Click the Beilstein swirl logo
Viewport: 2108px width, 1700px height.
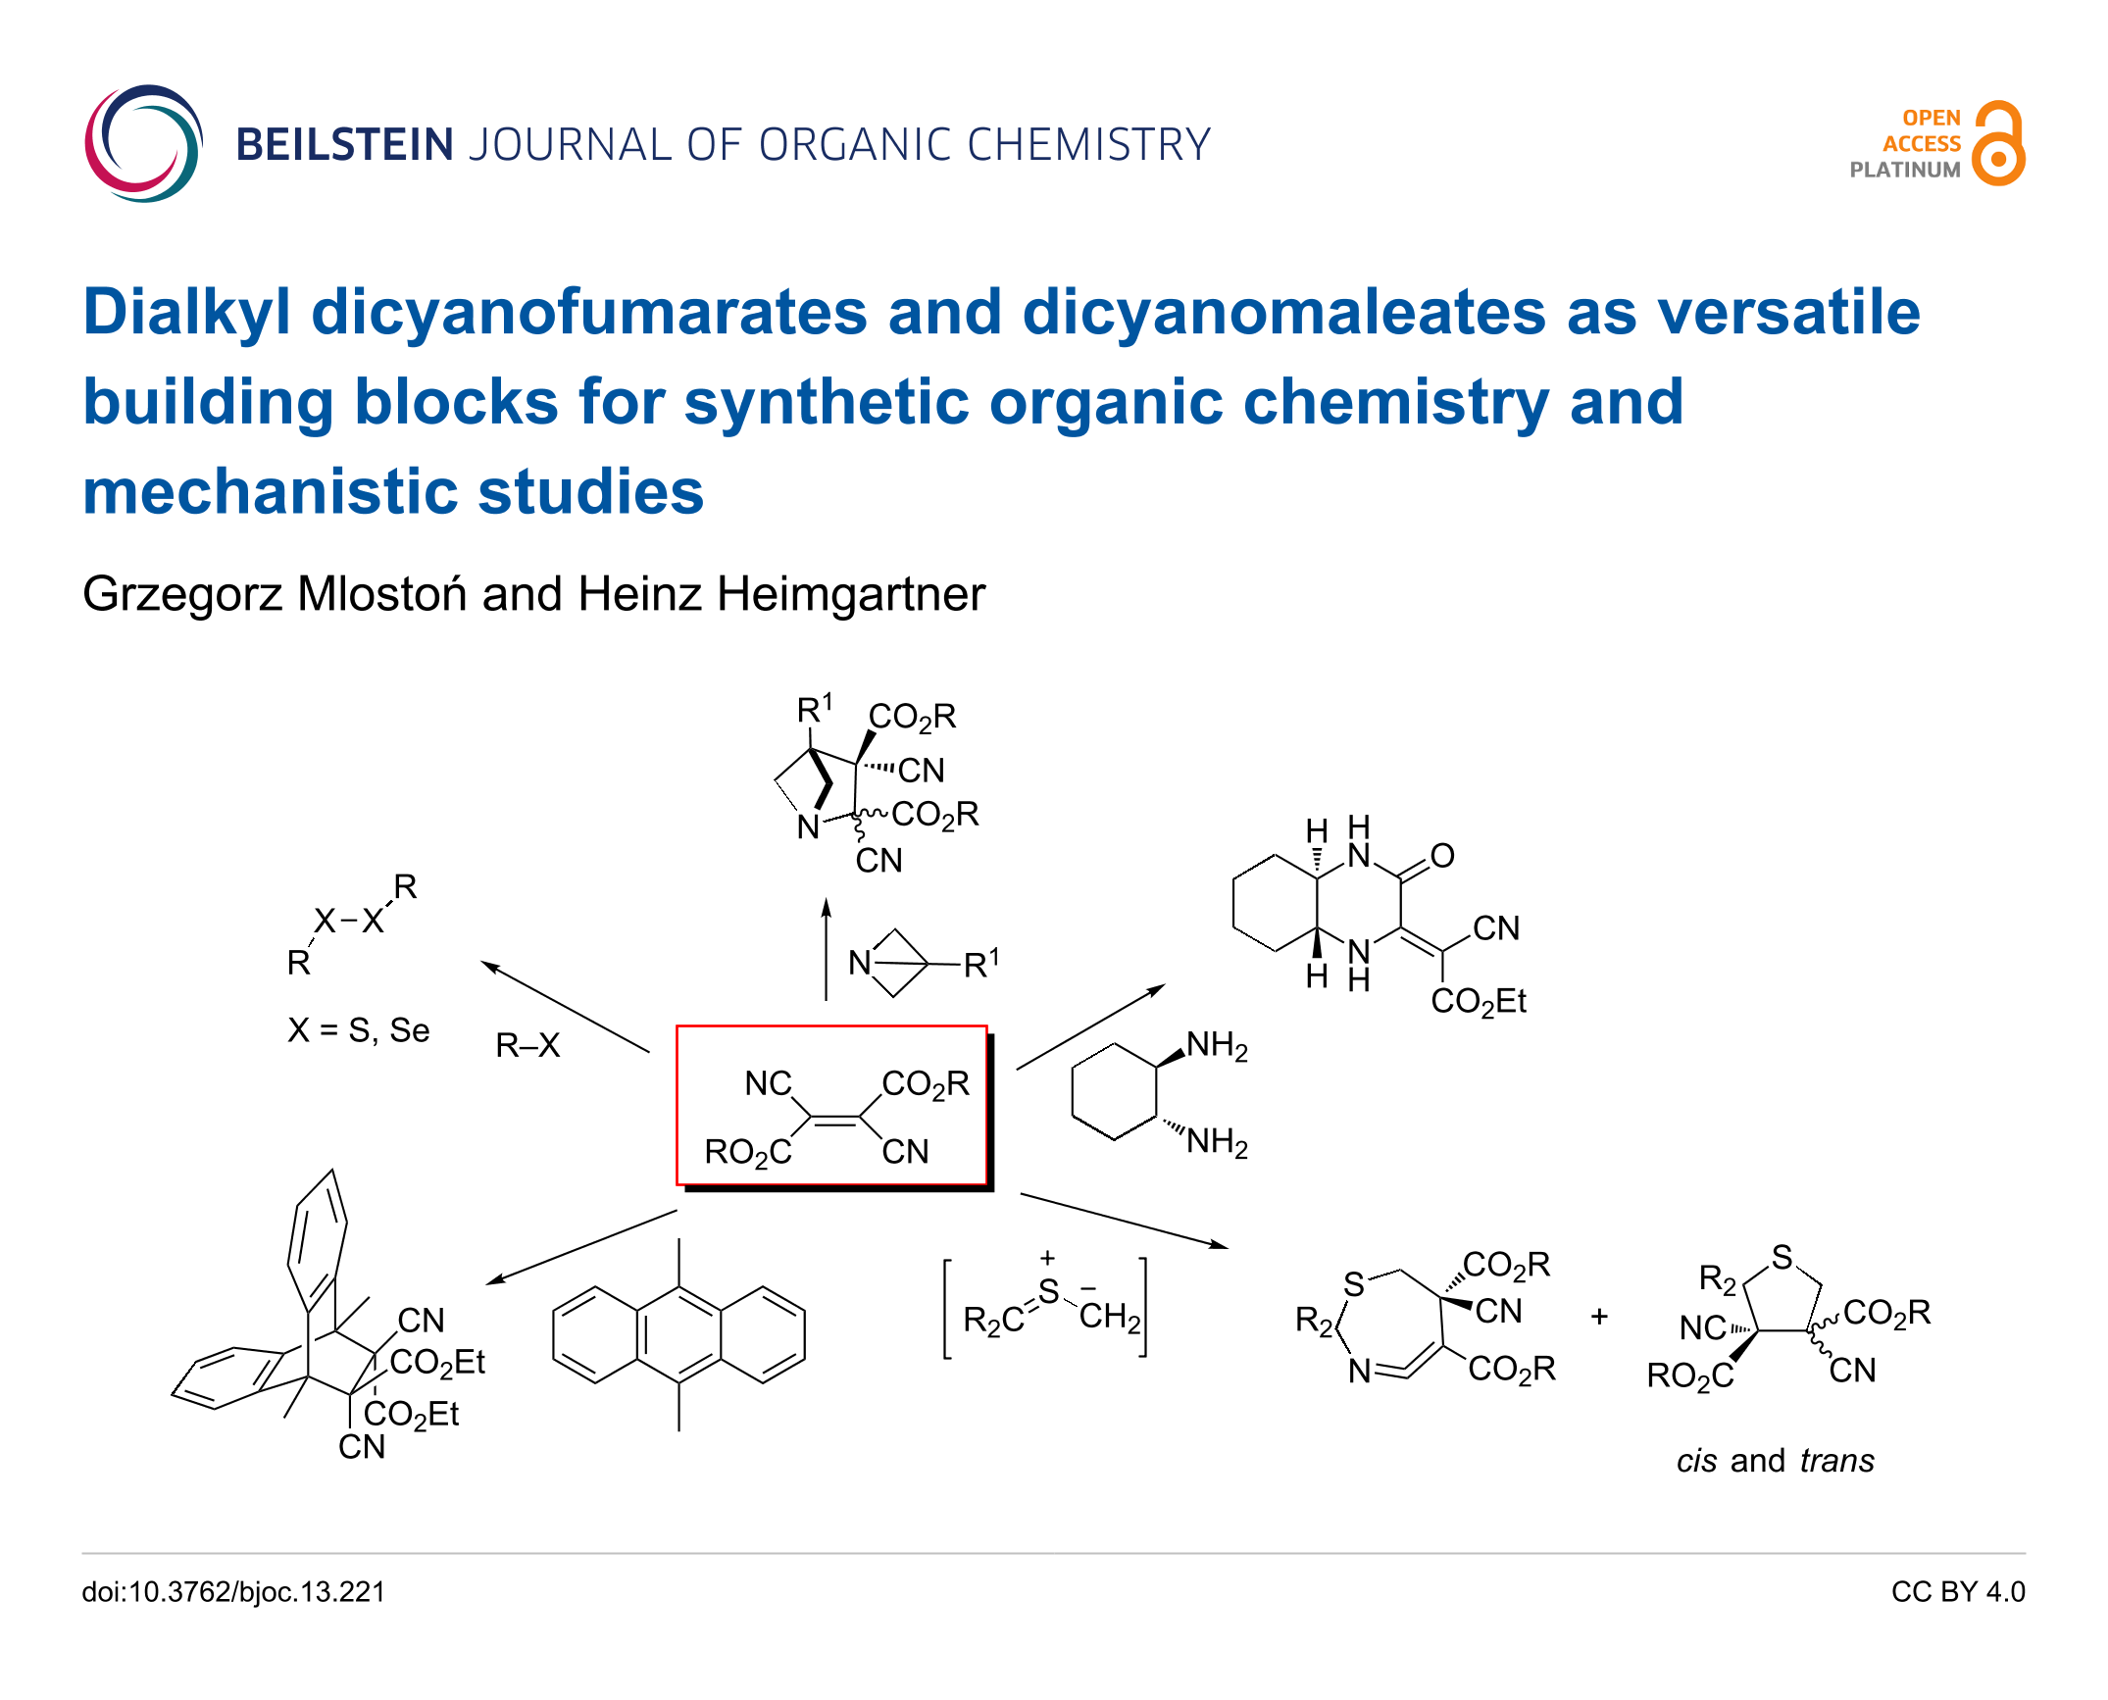[143, 144]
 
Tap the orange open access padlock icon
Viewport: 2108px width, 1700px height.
[1999, 143]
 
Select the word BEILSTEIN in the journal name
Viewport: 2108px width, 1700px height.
[344, 145]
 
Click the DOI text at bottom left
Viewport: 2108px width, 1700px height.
[233, 1591]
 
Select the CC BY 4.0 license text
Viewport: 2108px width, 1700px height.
[1958, 1591]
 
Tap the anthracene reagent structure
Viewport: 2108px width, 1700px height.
[678, 1334]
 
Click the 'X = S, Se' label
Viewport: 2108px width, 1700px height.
[359, 1030]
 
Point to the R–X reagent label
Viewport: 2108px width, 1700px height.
[527, 1046]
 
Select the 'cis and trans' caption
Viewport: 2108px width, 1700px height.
[1775, 1461]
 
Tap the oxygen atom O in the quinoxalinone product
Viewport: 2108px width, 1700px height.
[1441, 856]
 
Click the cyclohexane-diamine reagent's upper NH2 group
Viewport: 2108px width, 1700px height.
[1217, 1046]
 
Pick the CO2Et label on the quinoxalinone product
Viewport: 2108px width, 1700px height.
[1479, 1001]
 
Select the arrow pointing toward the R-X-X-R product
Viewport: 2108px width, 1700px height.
[565, 1007]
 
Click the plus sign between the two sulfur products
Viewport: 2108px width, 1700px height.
[1599, 1316]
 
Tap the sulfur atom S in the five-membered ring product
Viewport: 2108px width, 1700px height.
[1782, 1256]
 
